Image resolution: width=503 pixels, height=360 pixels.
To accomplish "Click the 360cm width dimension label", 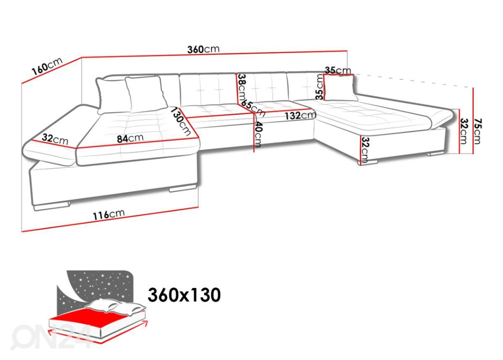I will click(203, 49).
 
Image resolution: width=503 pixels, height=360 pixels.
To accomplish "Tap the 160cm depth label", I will click(47, 67).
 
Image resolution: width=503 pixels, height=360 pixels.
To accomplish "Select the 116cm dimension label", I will click(109, 215).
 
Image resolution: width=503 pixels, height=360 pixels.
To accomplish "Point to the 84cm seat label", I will click(130, 138).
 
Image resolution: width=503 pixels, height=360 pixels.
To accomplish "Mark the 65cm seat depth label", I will click(253, 108).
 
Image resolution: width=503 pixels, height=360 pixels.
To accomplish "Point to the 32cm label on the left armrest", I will click(55, 139).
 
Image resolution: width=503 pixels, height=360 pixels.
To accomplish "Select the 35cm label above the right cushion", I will click(337, 70).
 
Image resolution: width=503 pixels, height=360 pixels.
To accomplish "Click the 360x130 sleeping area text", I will click(184, 295).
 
